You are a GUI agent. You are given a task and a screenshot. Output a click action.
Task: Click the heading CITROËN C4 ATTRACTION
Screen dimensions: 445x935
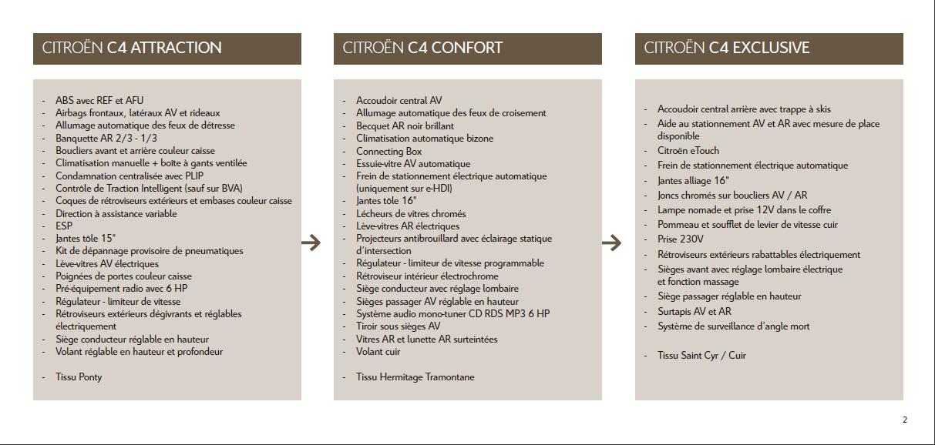(x=132, y=48)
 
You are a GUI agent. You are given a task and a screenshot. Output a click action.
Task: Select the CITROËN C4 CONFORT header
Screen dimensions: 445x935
(x=422, y=48)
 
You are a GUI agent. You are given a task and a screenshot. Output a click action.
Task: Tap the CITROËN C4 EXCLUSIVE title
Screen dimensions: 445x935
(x=727, y=48)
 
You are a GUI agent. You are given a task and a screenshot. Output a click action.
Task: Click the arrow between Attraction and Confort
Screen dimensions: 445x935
(x=311, y=243)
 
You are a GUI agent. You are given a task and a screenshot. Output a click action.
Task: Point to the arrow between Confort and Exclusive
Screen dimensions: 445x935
(x=611, y=243)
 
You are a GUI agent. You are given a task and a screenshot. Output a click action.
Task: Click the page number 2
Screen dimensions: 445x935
(x=905, y=420)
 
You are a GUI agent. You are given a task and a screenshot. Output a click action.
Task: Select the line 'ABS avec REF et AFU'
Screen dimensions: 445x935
(x=99, y=100)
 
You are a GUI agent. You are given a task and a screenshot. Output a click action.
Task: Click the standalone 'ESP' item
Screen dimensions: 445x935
(x=64, y=226)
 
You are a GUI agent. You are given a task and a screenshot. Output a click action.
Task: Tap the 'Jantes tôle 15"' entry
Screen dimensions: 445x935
(x=86, y=239)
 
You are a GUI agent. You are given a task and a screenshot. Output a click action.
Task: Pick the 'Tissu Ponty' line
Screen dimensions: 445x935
(x=79, y=377)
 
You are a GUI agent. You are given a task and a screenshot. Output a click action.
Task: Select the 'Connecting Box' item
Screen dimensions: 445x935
(x=388, y=151)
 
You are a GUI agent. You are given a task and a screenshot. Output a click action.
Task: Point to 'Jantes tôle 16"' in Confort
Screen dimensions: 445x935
(x=386, y=201)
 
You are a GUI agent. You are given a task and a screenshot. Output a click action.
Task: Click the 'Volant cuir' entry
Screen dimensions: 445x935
(x=378, y=352)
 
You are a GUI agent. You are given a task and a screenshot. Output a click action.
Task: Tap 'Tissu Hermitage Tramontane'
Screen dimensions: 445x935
(x=415, y=377)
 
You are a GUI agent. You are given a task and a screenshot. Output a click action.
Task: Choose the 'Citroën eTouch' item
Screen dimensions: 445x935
(x=688, y=151)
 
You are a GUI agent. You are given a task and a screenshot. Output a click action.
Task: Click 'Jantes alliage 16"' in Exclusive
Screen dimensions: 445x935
(x=694, y=180)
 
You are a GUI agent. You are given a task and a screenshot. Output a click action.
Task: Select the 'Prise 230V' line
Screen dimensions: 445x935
(x=681, y=239)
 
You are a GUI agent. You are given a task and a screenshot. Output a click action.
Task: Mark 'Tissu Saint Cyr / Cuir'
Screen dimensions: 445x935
(x=701, y=356)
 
